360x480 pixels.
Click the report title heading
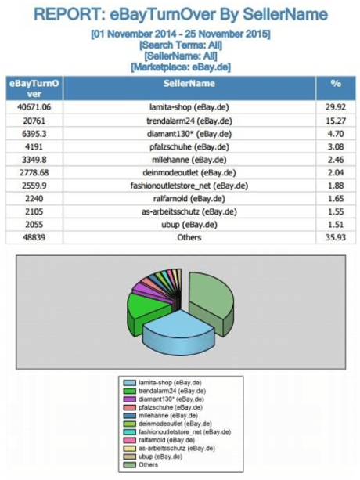click(x=181, y=15)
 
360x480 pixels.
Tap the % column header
click(x=335, y=82)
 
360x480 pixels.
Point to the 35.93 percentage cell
click(x=335, y=236)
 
